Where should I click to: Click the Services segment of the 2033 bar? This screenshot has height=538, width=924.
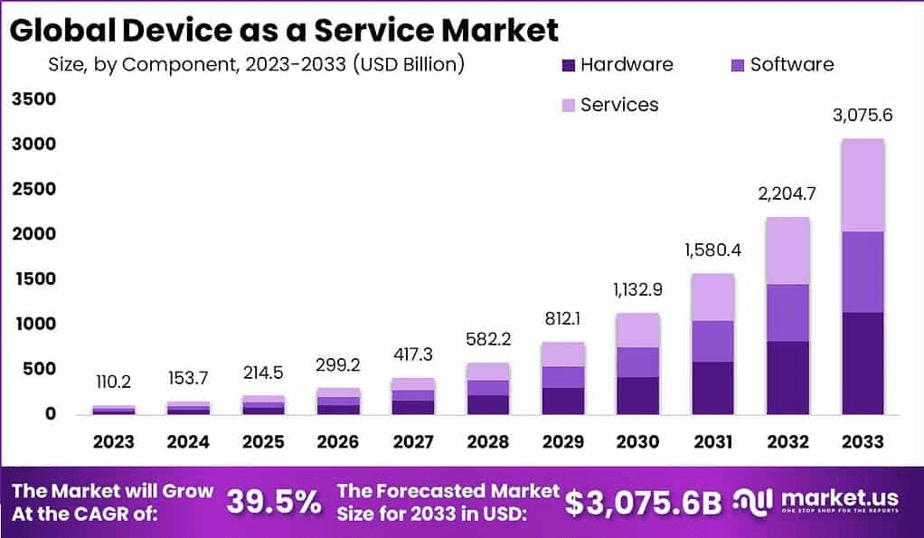tap(862, 185)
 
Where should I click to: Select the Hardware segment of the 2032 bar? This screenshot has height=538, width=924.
tap(788, 377)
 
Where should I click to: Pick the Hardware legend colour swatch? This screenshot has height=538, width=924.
tap(568, 65)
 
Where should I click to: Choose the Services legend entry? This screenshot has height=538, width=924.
tap(619, 105)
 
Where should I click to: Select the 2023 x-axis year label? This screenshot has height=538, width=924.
tap(113, 442)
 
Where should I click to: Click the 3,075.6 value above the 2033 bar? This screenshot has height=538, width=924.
tap(862, 116)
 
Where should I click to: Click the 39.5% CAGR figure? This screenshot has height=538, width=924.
tap(272, 502)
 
